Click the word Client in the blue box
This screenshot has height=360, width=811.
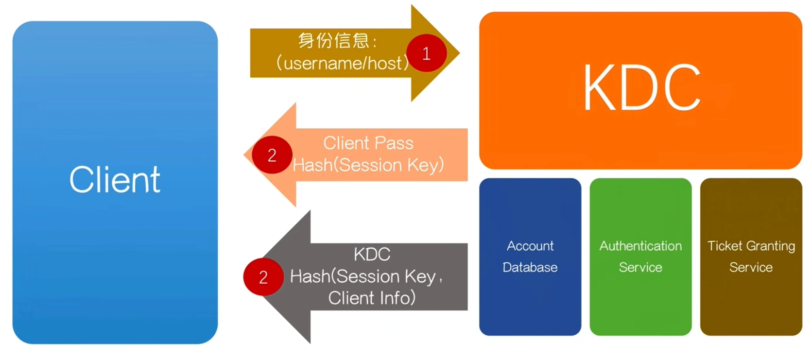115,180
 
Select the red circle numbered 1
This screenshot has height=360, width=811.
426,53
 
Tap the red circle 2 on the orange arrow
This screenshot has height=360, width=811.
272,155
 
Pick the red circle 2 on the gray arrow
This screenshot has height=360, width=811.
263,277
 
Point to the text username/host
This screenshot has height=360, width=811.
343,63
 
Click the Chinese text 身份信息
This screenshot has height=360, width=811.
334,40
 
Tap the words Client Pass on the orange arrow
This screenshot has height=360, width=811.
368,143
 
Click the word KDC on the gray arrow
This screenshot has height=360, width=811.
372,254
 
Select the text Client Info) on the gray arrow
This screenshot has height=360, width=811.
372,298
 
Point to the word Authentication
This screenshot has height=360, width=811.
640,246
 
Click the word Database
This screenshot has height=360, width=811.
530,267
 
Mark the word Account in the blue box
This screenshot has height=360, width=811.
530,246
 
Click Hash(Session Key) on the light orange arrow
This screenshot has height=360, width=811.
368,165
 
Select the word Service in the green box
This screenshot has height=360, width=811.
640,267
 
